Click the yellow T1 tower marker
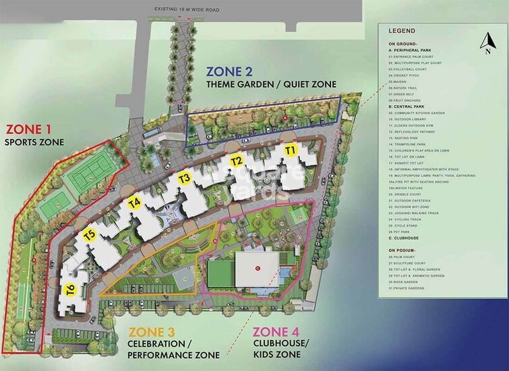[291, 149]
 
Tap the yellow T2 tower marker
[237, 161]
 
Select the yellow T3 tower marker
[185, 178]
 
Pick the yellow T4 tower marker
[134, 201]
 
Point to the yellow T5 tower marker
[91, 235]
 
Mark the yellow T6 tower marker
[70, 290]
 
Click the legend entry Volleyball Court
[409, 69]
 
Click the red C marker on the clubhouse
[257, 268]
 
